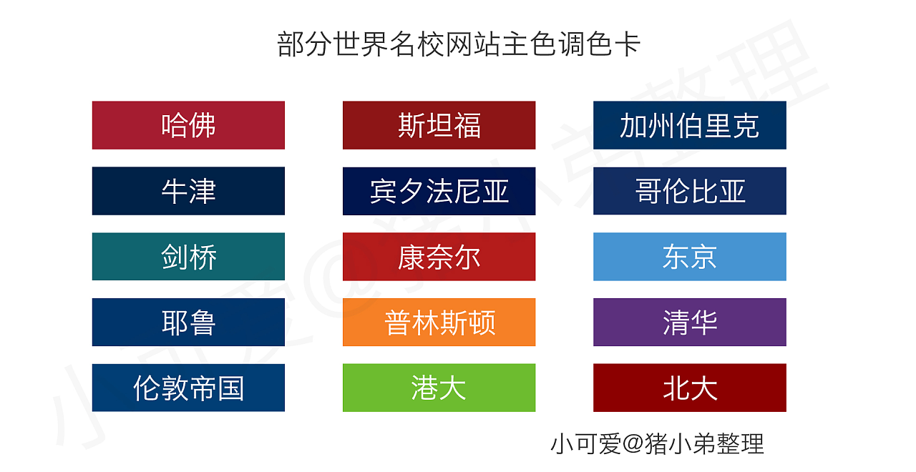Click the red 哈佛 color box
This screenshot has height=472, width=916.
pos(188,125)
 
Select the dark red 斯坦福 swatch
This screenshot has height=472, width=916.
pos(439,125)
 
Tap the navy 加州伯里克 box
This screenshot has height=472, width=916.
pos(689,125)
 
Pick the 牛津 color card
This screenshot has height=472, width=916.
pos(188,191)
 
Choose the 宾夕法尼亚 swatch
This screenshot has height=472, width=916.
pos(439,191)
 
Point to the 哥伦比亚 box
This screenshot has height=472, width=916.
pos(689,191)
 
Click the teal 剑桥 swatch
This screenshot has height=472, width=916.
pos(188,257)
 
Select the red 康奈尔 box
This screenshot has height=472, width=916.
pos(439,257)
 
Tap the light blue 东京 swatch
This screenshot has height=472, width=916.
pos(689,257)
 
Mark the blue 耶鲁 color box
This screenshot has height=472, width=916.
pos(188,323)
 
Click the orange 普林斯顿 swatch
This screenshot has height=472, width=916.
pos(439,323)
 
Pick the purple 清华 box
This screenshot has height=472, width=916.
pos(689,323)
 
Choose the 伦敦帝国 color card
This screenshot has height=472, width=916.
pos(188,388)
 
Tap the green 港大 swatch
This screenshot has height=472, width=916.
pos(439,388)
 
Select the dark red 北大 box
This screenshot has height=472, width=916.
pos(689,388)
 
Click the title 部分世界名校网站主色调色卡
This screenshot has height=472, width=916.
pos(458,44)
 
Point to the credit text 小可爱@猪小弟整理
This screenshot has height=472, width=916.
pos(657,444)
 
